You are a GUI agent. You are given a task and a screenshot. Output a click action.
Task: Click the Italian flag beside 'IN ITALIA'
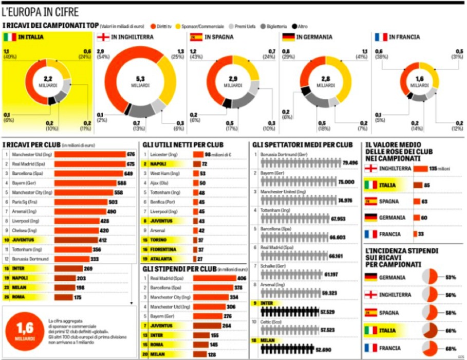coord(10,37)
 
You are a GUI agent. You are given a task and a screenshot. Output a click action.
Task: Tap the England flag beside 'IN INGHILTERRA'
coord(103,37)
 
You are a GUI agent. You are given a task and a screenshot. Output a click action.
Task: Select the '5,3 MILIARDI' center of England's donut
coord(140,81)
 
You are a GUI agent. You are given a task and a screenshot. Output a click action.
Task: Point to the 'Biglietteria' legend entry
coord(276,26)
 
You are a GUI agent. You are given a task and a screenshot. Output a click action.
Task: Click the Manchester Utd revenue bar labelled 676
coord(90,154)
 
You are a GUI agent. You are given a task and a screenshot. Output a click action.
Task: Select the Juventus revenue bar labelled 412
coord(76,240)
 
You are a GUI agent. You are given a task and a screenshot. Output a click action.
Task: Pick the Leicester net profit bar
coord(198,154)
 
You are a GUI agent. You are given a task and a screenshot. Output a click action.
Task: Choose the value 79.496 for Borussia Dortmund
coord(349,163)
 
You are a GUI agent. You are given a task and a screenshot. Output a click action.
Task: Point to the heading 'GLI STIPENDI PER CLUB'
coord(178,268)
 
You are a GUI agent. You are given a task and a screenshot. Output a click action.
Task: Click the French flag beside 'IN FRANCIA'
coord(381,37)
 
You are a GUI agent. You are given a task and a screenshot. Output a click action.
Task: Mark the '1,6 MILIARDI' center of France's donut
coord(419,81)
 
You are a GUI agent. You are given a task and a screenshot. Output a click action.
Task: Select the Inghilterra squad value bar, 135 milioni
coord(420,168)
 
